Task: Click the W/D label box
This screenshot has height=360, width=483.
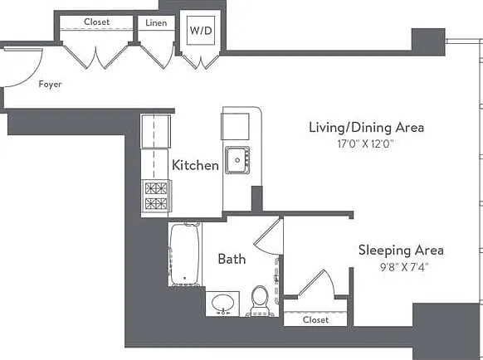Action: tap(201, 31)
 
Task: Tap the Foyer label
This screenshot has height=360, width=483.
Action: tap(50, 85)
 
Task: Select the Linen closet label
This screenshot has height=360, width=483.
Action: tap(156, 22)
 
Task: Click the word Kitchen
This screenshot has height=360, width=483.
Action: tap(195, 165)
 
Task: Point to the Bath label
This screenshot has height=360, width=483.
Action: tap(232, 259)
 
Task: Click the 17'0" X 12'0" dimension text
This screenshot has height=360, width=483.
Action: tap(366, 144)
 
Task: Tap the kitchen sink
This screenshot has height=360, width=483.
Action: tap(237, 160)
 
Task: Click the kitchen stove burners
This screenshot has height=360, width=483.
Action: tap(156, 196)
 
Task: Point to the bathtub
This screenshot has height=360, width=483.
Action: tap(185, 255)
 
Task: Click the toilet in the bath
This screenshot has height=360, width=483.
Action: tap(260, 301)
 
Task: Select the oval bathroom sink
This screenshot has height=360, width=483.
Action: tap(222, 303)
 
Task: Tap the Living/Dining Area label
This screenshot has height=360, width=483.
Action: tap(366, 128)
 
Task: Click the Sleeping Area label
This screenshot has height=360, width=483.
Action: tap(401, 251)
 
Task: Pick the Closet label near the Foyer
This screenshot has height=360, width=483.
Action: tap(96, 22)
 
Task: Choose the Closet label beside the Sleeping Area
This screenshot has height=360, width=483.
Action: tap(315, 320)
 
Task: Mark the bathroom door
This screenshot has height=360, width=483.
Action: tap(269, 235)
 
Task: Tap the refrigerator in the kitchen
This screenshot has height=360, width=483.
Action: tap(155, 131)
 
